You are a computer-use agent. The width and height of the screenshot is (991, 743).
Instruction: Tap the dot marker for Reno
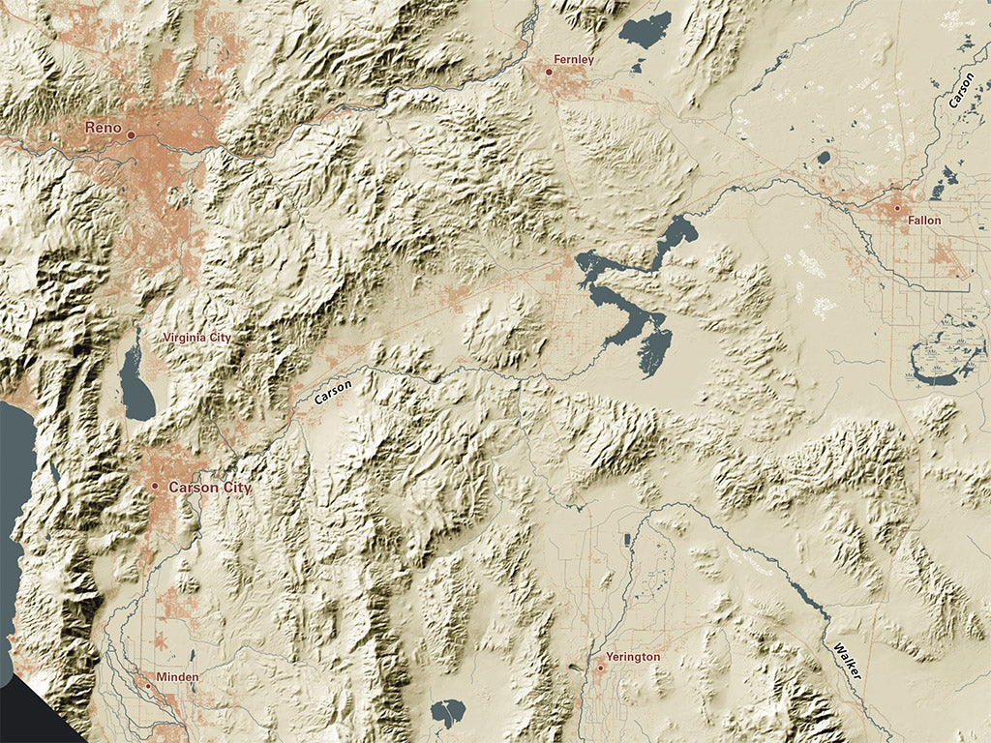point(131,134)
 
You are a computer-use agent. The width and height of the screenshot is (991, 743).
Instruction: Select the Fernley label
point(573,60)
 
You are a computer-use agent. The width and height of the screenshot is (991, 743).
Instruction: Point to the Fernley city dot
point(549,72)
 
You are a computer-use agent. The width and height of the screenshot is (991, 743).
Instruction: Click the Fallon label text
point(924,221)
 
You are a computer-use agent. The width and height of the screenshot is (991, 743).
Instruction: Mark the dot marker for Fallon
point(897,208)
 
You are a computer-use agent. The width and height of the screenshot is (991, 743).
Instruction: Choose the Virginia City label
point(196,338)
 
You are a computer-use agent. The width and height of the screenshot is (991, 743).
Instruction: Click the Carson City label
point(209,488)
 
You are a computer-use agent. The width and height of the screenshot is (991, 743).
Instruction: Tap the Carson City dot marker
point(155,486)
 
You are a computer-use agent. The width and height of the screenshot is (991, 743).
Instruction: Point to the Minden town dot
point(148,685)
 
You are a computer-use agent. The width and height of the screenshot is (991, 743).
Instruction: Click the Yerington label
point(633,657)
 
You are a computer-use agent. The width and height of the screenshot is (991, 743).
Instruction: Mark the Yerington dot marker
point(600,667)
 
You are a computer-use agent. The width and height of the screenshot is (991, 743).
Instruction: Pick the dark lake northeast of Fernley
point(646,29)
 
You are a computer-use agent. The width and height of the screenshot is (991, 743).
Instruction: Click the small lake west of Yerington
point(447,714)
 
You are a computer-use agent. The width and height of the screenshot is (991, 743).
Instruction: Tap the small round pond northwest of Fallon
point(824,157)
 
